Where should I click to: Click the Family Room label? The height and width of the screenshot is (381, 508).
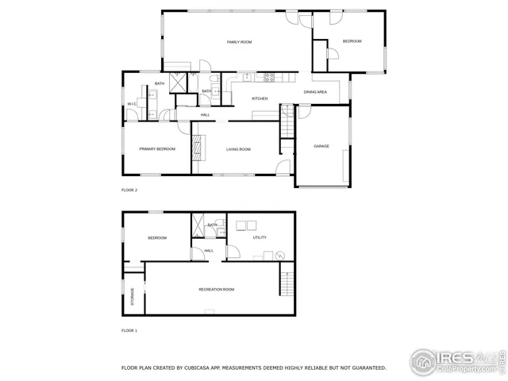(239, 41)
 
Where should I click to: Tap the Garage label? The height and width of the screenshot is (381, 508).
(321, 146)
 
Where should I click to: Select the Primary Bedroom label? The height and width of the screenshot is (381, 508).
(157, 149)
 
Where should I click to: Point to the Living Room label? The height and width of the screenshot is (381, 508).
(238, 149)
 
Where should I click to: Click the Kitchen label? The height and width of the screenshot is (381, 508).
(260, 98)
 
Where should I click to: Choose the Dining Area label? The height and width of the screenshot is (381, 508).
(315, 92)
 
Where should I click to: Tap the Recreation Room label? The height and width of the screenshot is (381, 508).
(216, 289)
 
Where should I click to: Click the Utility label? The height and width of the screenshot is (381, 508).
(260, 237)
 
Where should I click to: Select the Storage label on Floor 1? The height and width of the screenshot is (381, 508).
(133, 297)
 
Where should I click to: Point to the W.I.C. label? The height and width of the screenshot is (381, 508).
(132, 104)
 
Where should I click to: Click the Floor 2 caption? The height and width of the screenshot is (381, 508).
(129, 190)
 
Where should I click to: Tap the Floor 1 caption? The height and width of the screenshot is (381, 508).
(129, 330)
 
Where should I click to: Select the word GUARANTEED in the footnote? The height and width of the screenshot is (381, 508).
(364, 368)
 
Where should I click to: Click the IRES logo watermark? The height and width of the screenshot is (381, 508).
(456, 361)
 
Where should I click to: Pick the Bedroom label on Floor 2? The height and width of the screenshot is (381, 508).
(352, 41)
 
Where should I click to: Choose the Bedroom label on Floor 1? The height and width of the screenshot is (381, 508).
(157, 237)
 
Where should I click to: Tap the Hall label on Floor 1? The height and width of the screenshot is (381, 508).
(209, 251)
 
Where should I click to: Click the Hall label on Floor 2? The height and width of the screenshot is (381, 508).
(205, 115)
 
